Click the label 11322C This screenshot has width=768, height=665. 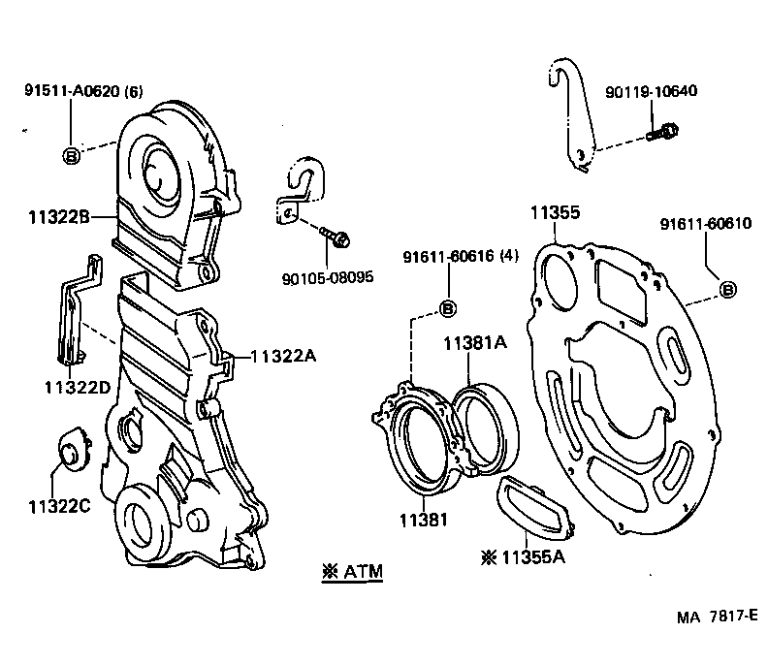coord(59,505)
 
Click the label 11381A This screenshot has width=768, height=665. coord(476,342)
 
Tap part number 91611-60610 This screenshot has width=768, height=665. coord(705,224)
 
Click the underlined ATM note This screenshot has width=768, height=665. coord(351,572)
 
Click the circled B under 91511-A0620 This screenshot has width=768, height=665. coord(72,154)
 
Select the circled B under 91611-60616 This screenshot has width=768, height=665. coord(449,308)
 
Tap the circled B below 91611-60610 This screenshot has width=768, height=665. coord(727,289)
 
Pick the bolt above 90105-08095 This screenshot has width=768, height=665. coord(338,236)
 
